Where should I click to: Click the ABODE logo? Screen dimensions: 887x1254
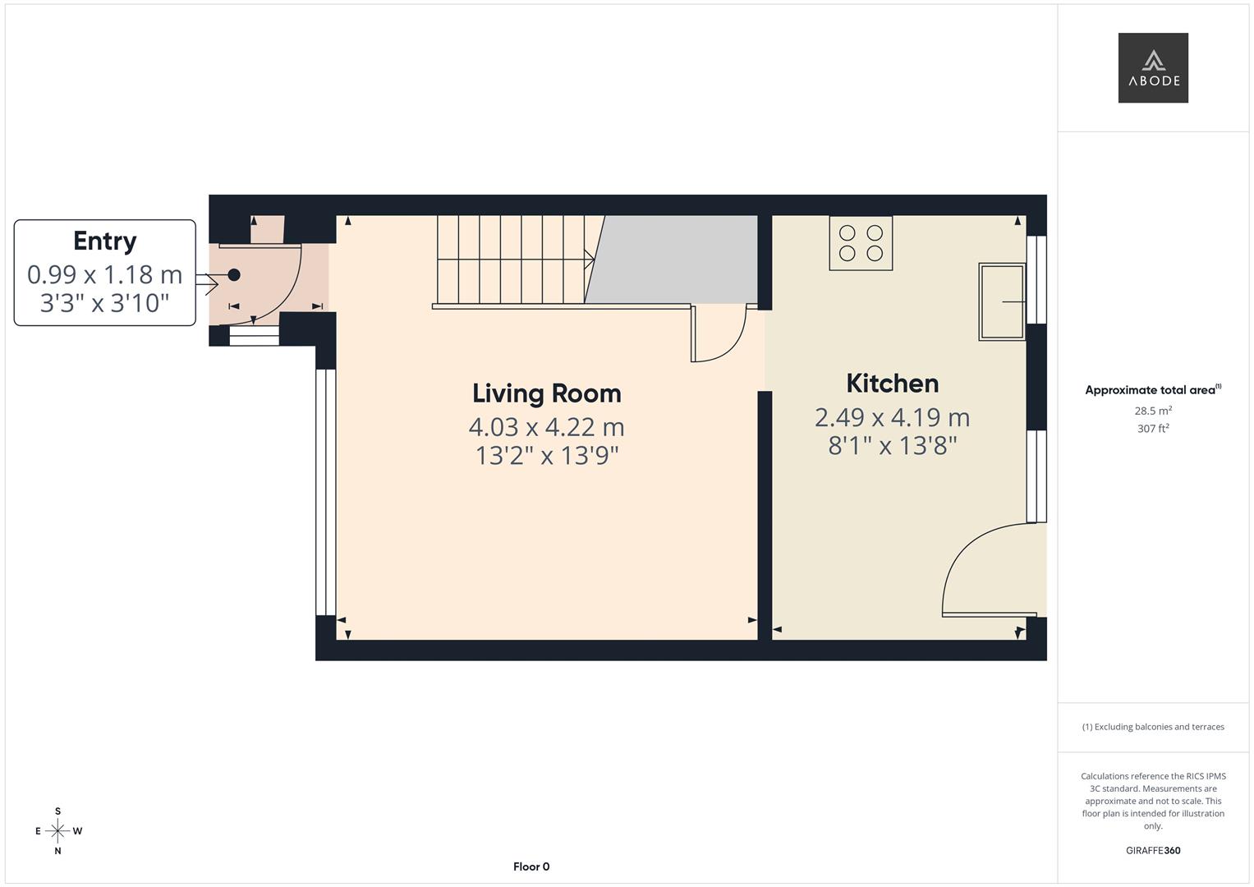point(1153,68)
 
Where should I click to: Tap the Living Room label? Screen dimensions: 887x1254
point(547,393)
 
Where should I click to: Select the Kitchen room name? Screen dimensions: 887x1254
point(892,384)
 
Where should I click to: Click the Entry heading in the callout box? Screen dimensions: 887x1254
point(104,241)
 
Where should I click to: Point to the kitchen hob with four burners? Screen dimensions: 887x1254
point(861,243)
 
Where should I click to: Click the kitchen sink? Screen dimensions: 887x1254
point(1002,301)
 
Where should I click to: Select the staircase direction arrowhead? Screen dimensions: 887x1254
point(590,260)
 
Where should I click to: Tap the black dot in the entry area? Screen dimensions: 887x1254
point(234,275)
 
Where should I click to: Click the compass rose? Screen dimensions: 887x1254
point(57,831)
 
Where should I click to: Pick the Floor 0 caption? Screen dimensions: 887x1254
point(531,866)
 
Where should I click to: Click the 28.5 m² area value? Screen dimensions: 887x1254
point(1153,411)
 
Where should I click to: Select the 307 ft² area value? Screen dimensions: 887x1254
point(1153,429)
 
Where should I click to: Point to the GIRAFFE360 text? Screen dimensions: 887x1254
point(1153,851)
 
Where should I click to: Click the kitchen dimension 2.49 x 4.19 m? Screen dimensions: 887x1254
point(892,417)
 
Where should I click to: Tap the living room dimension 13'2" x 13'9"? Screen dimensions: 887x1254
point(547,455)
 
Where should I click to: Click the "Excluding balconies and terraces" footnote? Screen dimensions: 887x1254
point(1153,727)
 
